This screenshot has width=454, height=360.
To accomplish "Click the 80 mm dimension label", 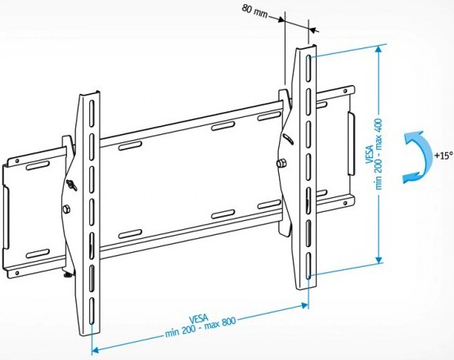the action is (254, 11).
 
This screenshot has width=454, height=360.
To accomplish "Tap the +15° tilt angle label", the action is (443, 155).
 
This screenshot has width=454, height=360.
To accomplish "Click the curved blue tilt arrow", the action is (418, 157).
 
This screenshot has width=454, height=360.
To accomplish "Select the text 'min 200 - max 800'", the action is (200, 327).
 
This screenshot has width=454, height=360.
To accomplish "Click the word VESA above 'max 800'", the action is (199, 319).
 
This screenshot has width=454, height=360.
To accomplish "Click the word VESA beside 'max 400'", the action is (370, 155).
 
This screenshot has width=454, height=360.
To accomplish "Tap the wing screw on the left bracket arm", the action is (71, 185).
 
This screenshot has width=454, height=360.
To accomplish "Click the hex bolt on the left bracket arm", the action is (66, 209).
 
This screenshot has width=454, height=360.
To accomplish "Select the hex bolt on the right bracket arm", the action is (281, 164).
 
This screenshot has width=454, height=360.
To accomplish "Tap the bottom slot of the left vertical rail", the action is (92, 311).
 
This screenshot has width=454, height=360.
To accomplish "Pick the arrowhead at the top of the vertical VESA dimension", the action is (378, 50).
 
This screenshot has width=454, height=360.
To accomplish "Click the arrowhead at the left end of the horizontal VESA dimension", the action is (96, 350).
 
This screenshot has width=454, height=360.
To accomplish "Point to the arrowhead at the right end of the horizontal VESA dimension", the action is (304, 305).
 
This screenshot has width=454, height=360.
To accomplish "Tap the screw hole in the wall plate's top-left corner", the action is (17, 160).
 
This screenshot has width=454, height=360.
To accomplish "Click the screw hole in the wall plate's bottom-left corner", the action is (17, 272).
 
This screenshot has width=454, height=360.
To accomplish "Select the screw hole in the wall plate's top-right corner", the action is (345, 91).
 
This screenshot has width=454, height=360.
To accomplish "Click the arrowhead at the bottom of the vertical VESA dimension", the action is (379, 259).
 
